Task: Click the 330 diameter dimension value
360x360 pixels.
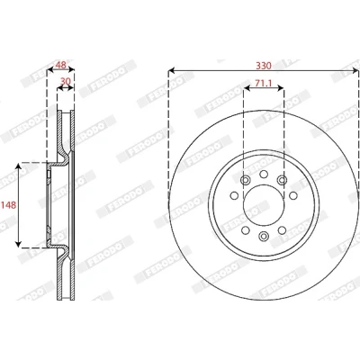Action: [x=264, y=66]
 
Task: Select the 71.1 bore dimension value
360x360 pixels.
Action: [x=264, y=83]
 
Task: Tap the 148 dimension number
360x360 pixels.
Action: [x=8, y=205]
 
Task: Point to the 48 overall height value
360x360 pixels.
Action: [x=61, y=65]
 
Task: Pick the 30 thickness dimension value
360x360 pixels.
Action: [x=66, y=82]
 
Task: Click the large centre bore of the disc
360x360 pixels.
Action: [x=264, y=205]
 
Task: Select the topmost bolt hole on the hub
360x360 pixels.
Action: [x=264, y=174]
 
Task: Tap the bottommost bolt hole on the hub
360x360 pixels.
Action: [x=264, y=237]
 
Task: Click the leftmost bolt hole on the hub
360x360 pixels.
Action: [x=234, y=195]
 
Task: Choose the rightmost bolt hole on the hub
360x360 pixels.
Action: [x=293, y=195]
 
